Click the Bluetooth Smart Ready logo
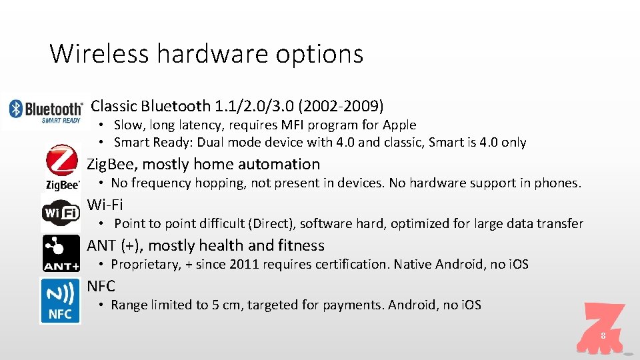click(45, 111)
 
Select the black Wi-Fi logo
click(61, 213)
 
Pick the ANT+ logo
click(61, 253)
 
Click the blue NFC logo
click(60, 301)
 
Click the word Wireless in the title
click(99, 53)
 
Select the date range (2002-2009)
click(341, 106)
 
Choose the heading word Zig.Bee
click(111, 165)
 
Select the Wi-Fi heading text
click(105, 205)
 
